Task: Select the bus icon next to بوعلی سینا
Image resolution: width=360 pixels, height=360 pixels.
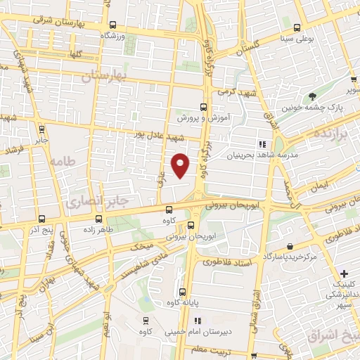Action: coord(297,28)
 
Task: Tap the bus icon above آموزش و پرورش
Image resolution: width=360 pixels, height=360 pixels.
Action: coord(203,107)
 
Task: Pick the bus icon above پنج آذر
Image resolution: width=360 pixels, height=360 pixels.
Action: coord(43,219)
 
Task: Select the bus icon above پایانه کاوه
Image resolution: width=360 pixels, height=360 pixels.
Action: coord(181,292)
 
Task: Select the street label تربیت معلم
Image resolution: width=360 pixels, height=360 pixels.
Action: coord(211,349)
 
